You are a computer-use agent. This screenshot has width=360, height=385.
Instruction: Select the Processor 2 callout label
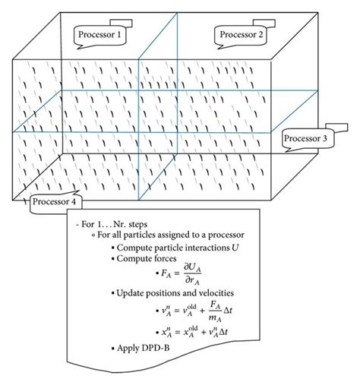(242, 34)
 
